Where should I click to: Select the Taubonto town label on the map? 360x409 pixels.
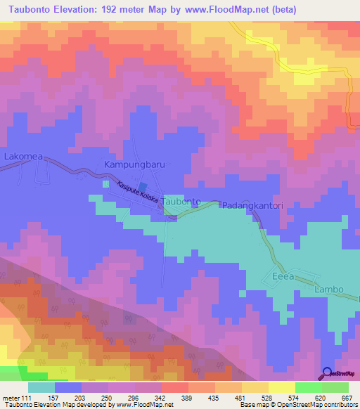click(181, 202)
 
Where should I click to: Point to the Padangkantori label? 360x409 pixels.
click(252, 206)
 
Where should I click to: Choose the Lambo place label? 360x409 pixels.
click(329, 290)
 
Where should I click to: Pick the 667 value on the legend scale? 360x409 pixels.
click(345, 398)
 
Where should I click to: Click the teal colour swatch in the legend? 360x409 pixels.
click(41, 387)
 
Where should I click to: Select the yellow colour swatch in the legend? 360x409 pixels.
click(282, 387)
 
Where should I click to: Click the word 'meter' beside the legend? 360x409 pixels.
click(10, 398)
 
